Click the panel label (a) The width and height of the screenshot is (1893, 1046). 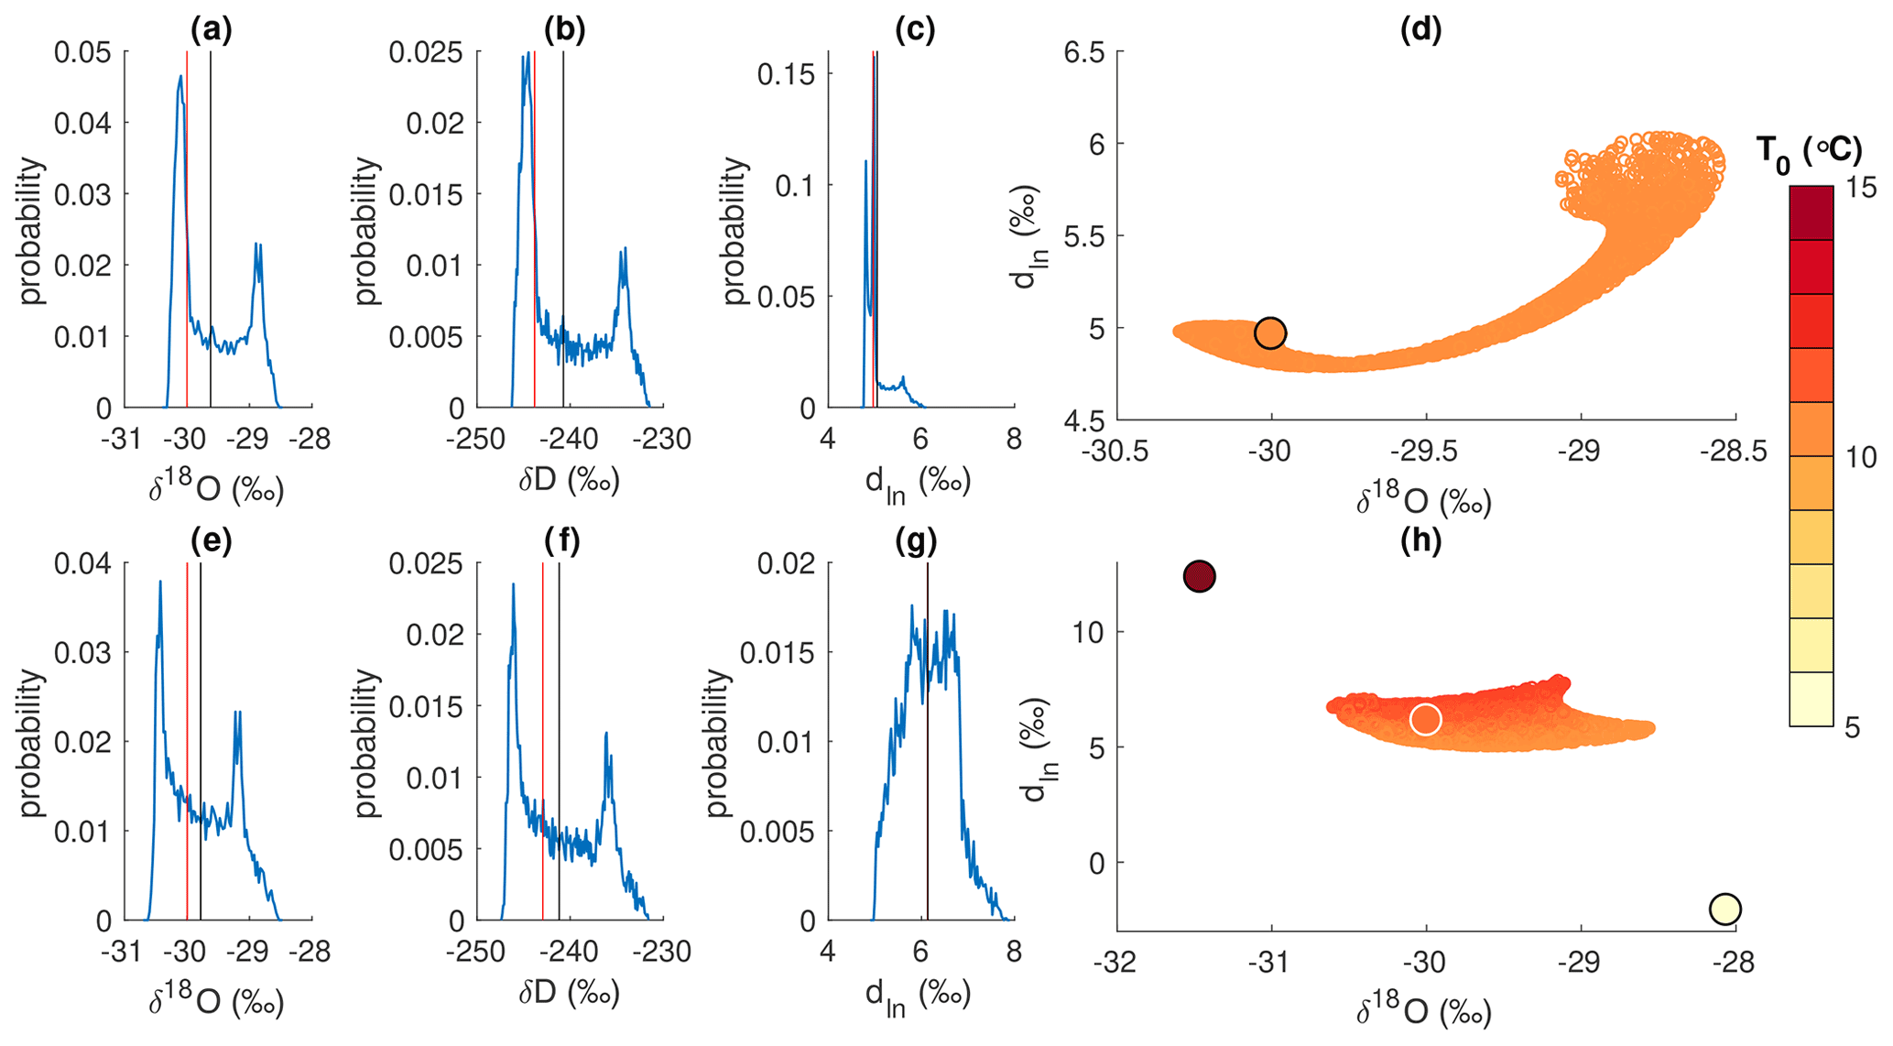pos(211,30)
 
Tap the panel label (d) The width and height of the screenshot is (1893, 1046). pos(1420,30)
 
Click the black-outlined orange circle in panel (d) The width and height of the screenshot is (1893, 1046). pos(1270,333)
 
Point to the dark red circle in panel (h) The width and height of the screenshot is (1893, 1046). pos(1199,576)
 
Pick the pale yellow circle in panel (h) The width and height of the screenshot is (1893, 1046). pos(1724,909)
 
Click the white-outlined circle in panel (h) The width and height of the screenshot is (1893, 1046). pos(1425,719)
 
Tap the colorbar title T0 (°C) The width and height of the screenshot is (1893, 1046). pos(1809,151)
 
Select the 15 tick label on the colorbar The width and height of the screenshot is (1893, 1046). pos(1860,187)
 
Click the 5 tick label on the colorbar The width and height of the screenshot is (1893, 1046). pos(1852,727)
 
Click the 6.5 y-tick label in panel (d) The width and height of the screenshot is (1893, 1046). pos(1082,52)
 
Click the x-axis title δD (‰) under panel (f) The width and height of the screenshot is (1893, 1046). pos(569,993)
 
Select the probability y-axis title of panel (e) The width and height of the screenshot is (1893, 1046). pos(32,742)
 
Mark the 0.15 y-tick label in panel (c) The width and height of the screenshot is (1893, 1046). pos(786,74)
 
